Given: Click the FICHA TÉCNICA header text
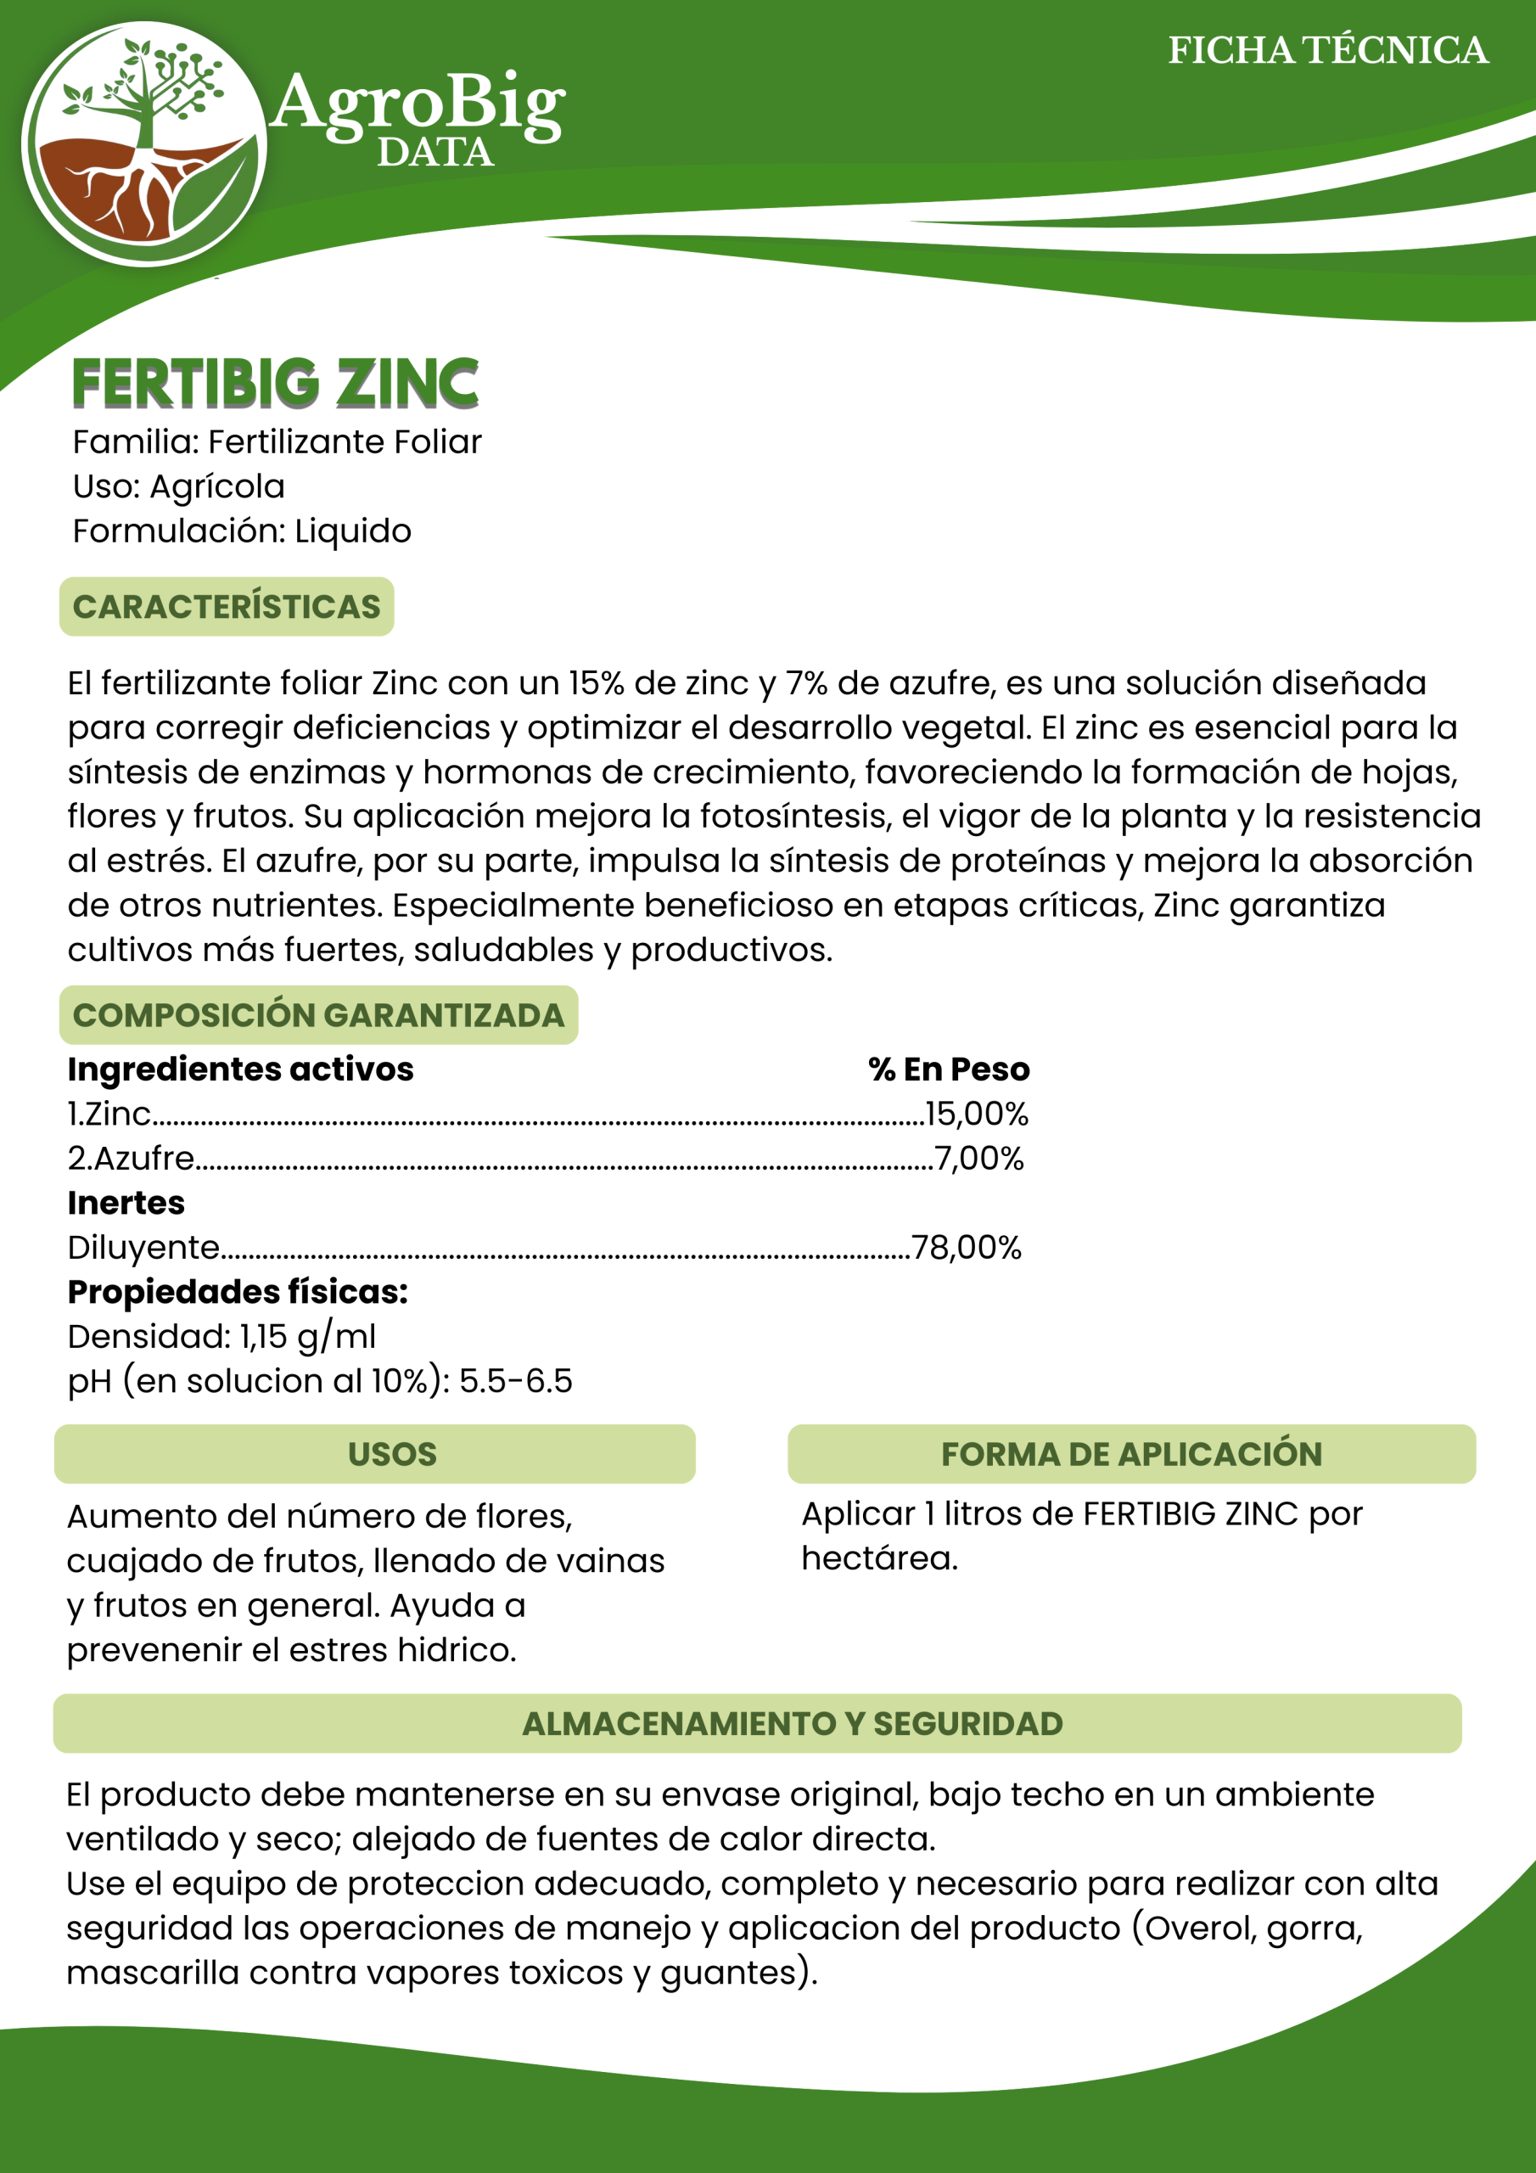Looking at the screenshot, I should tap(1327, 51).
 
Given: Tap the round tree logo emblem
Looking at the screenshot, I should tap(144, 143).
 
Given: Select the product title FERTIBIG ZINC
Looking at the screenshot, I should tap(276, 384).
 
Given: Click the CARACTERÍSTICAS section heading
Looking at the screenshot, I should tap(227, 607).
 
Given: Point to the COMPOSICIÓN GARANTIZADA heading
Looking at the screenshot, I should tap(318, 1014).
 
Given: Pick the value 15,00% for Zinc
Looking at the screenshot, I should tap(976, 1114).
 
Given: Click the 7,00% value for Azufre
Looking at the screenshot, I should tap(978, 1159).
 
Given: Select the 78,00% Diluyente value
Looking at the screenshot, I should tap(967, 1248).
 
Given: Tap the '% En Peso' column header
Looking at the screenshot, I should tap(948, 1070).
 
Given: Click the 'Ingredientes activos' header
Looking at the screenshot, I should tap(240, 1070).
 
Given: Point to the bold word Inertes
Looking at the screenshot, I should tap(126, 1203).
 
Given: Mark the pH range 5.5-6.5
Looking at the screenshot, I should tap(516, 1381).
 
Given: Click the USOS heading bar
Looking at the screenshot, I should tap(375, 1454).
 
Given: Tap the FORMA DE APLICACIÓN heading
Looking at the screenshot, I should tap(1131, 1454).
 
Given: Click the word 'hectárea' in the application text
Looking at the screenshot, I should tap(879, 1558).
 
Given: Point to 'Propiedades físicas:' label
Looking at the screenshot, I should tap(238, 1292).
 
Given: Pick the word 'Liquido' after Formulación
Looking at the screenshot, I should tap(352, 531).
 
